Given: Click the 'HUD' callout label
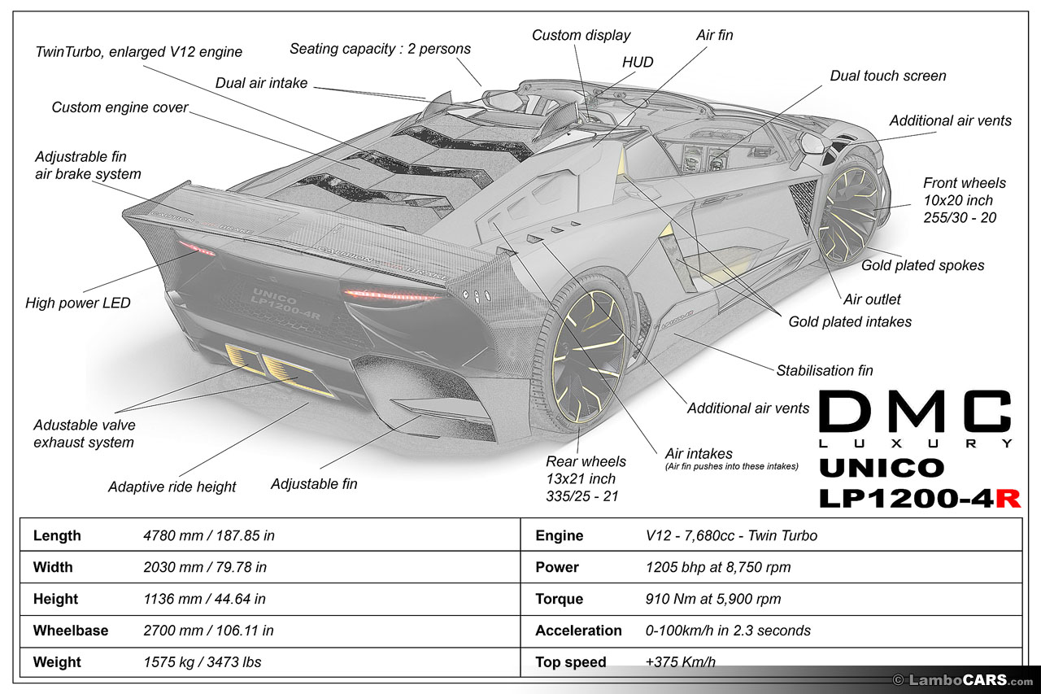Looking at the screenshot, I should (638, 62).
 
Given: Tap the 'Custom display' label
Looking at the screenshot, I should (581, 35).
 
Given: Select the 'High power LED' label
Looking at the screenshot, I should (78, 303).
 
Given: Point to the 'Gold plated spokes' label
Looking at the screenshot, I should (922, 265).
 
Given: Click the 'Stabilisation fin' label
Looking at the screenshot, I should (824, 370).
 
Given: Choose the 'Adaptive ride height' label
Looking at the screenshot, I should (172, 487).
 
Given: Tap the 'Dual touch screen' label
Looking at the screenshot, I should (887, 76).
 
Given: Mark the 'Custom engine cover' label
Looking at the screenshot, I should (120, 107).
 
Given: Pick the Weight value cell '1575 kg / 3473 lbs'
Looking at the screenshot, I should (202, 661).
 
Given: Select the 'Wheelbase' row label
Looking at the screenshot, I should (70, 631).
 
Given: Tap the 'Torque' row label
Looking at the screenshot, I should (559, 599).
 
